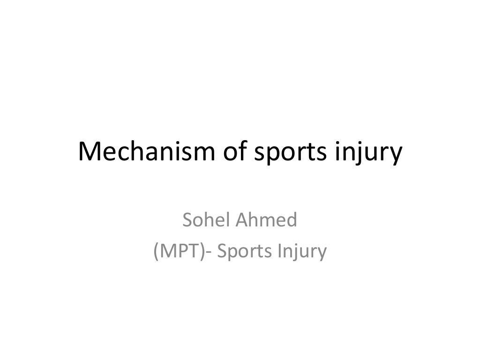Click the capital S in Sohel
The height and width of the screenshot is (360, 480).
(x=188, y=220)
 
